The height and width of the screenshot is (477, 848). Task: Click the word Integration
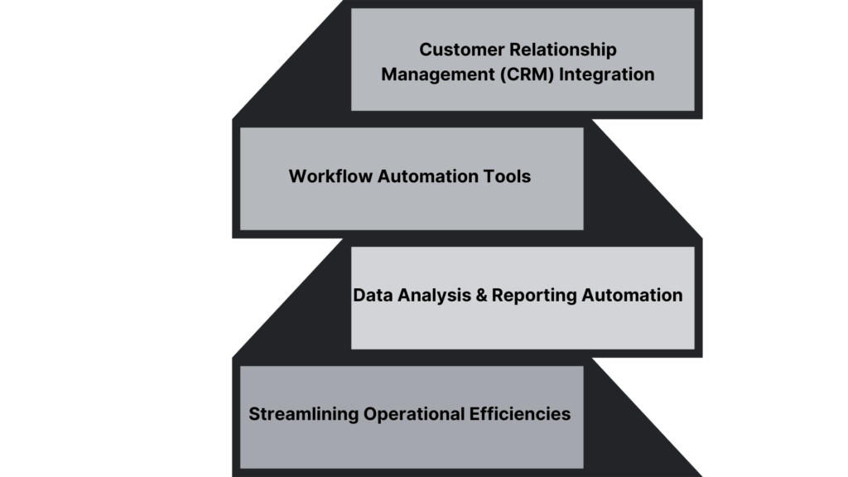tap(607, 75)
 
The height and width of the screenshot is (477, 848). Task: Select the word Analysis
tap(428, 296)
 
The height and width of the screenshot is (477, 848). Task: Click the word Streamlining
tap(304, 414)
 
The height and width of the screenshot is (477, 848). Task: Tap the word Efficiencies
tap(520, 414)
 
